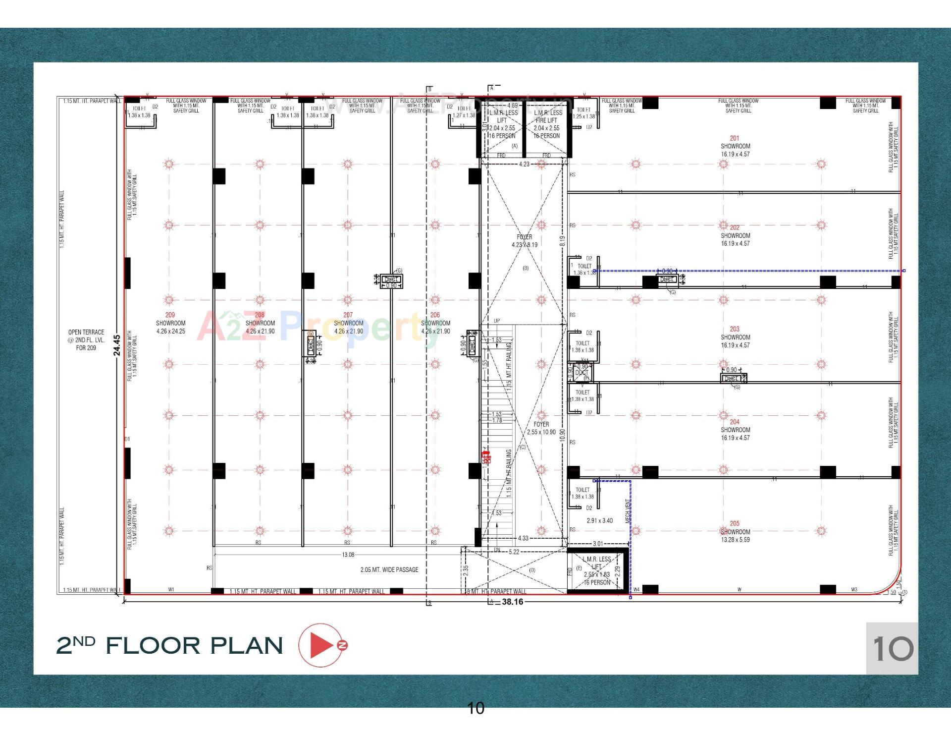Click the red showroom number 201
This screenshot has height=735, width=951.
click(x=735, y=138)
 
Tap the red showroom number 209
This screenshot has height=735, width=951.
click(x=170, y=315)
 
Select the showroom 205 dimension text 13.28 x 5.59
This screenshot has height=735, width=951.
click(x=735, y=540)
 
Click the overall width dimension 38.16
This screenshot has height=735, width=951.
click(x=512, y=602)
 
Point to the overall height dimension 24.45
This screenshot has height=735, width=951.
click(x=117, y=345)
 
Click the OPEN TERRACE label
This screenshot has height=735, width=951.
click(x=86, y=332)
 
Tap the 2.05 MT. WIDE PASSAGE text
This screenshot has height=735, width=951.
click(x=389, y=569)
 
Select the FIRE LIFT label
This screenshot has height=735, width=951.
click(x=546, y=120)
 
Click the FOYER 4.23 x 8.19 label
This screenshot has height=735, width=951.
click(x=525, y=241)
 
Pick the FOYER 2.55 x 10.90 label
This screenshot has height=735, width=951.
click(x=541, y=428)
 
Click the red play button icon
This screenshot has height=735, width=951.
click(x=322, y=645)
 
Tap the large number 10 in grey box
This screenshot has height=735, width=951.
click(x=893, y=648)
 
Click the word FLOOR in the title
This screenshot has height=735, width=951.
click(x=153, y=645)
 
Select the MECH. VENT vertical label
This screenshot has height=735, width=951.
click(x=628, y=511)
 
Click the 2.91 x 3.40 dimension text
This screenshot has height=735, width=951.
click(x=599, y=520)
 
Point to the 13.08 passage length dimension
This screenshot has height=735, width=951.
click(x=348, y=555)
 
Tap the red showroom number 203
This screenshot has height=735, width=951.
click(x=735, y=329)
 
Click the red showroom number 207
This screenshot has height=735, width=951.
click(x=348, y=315)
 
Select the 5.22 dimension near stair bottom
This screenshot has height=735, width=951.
click(x=514, y=552)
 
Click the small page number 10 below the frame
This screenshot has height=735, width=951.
click(x=475, y=708)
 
